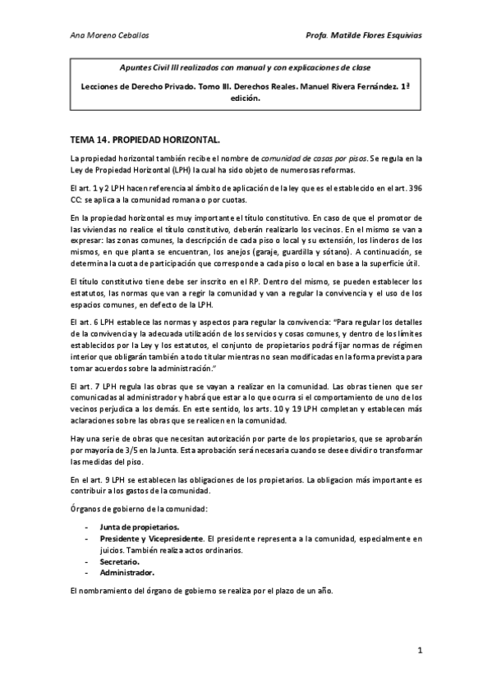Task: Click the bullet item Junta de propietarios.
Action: click(x=140, y=526)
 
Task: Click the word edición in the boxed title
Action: click(x=246, y=97)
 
